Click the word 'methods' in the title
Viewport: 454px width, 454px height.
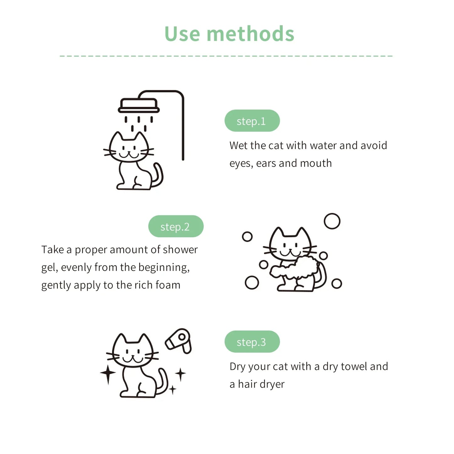pos(250,34)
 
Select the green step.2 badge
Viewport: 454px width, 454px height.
pos(176,227)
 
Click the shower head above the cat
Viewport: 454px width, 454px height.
pos(139,106)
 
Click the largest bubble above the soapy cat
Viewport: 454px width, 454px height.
pos(332,221)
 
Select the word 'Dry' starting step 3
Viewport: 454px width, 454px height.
pos(237,367)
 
